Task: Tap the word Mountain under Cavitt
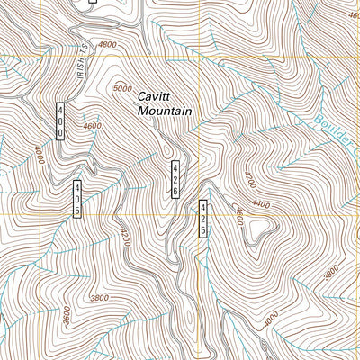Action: tap(165, 111)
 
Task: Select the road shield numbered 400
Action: tap(60, 120)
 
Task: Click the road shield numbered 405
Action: tap(78, 198)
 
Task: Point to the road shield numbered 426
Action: tap(176, 179)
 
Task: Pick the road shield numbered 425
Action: tap(203, 219)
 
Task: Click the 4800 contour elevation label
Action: tap(107, 44)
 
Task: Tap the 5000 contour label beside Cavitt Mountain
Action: tap(122, 88)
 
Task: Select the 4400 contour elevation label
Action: tap(261, 205)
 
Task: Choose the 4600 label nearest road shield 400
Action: tap(92, 127)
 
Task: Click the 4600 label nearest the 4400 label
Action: tap(238, 216)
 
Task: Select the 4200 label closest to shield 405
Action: tap(124, 238)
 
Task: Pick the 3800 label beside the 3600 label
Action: tap(99, 298)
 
